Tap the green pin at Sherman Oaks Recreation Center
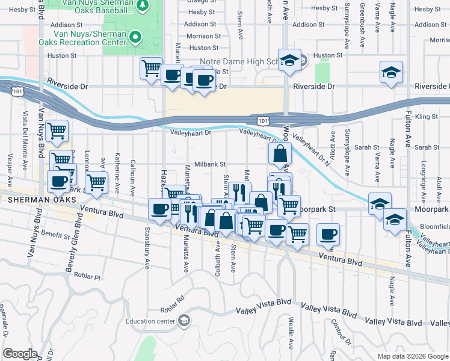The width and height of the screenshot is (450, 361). (135, 37)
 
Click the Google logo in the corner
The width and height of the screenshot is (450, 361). (20, 354)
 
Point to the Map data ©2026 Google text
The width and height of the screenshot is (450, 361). (413, 356)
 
